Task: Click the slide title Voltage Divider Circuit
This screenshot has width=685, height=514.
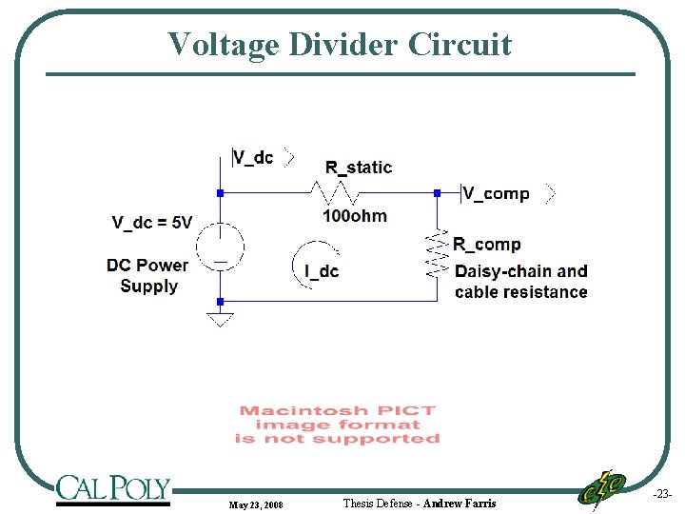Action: (x=340, y=44)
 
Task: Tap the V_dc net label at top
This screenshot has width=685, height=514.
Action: (x=253, y=157)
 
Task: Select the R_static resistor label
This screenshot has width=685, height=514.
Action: (x=359, y=168)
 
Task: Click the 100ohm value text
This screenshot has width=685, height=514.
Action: (x=355, y=216)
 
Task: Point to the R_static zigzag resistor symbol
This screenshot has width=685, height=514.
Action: (x=332, y=192)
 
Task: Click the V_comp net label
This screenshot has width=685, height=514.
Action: (x=497, y=193)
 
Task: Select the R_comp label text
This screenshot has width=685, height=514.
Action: (x=486, y=245)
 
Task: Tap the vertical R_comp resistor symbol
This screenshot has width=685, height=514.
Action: (x=437, y=252)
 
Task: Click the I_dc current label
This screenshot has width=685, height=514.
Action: (x=322, y=271)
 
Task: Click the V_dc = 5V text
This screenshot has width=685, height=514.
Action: (x=152, y=223)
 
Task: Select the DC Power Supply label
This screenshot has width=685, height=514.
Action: (x=147, y=275)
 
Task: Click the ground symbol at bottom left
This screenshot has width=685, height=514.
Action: (x=220, y=319)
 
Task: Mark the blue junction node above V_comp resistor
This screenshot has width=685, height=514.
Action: (x=437, y=192)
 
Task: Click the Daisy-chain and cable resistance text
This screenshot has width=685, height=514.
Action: (x=520, y=282)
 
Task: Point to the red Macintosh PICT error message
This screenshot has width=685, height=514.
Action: (x=338, y=425)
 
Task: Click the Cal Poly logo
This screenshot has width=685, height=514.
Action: (x=112, y=489)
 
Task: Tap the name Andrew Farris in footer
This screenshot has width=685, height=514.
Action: (x=460, y=503)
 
